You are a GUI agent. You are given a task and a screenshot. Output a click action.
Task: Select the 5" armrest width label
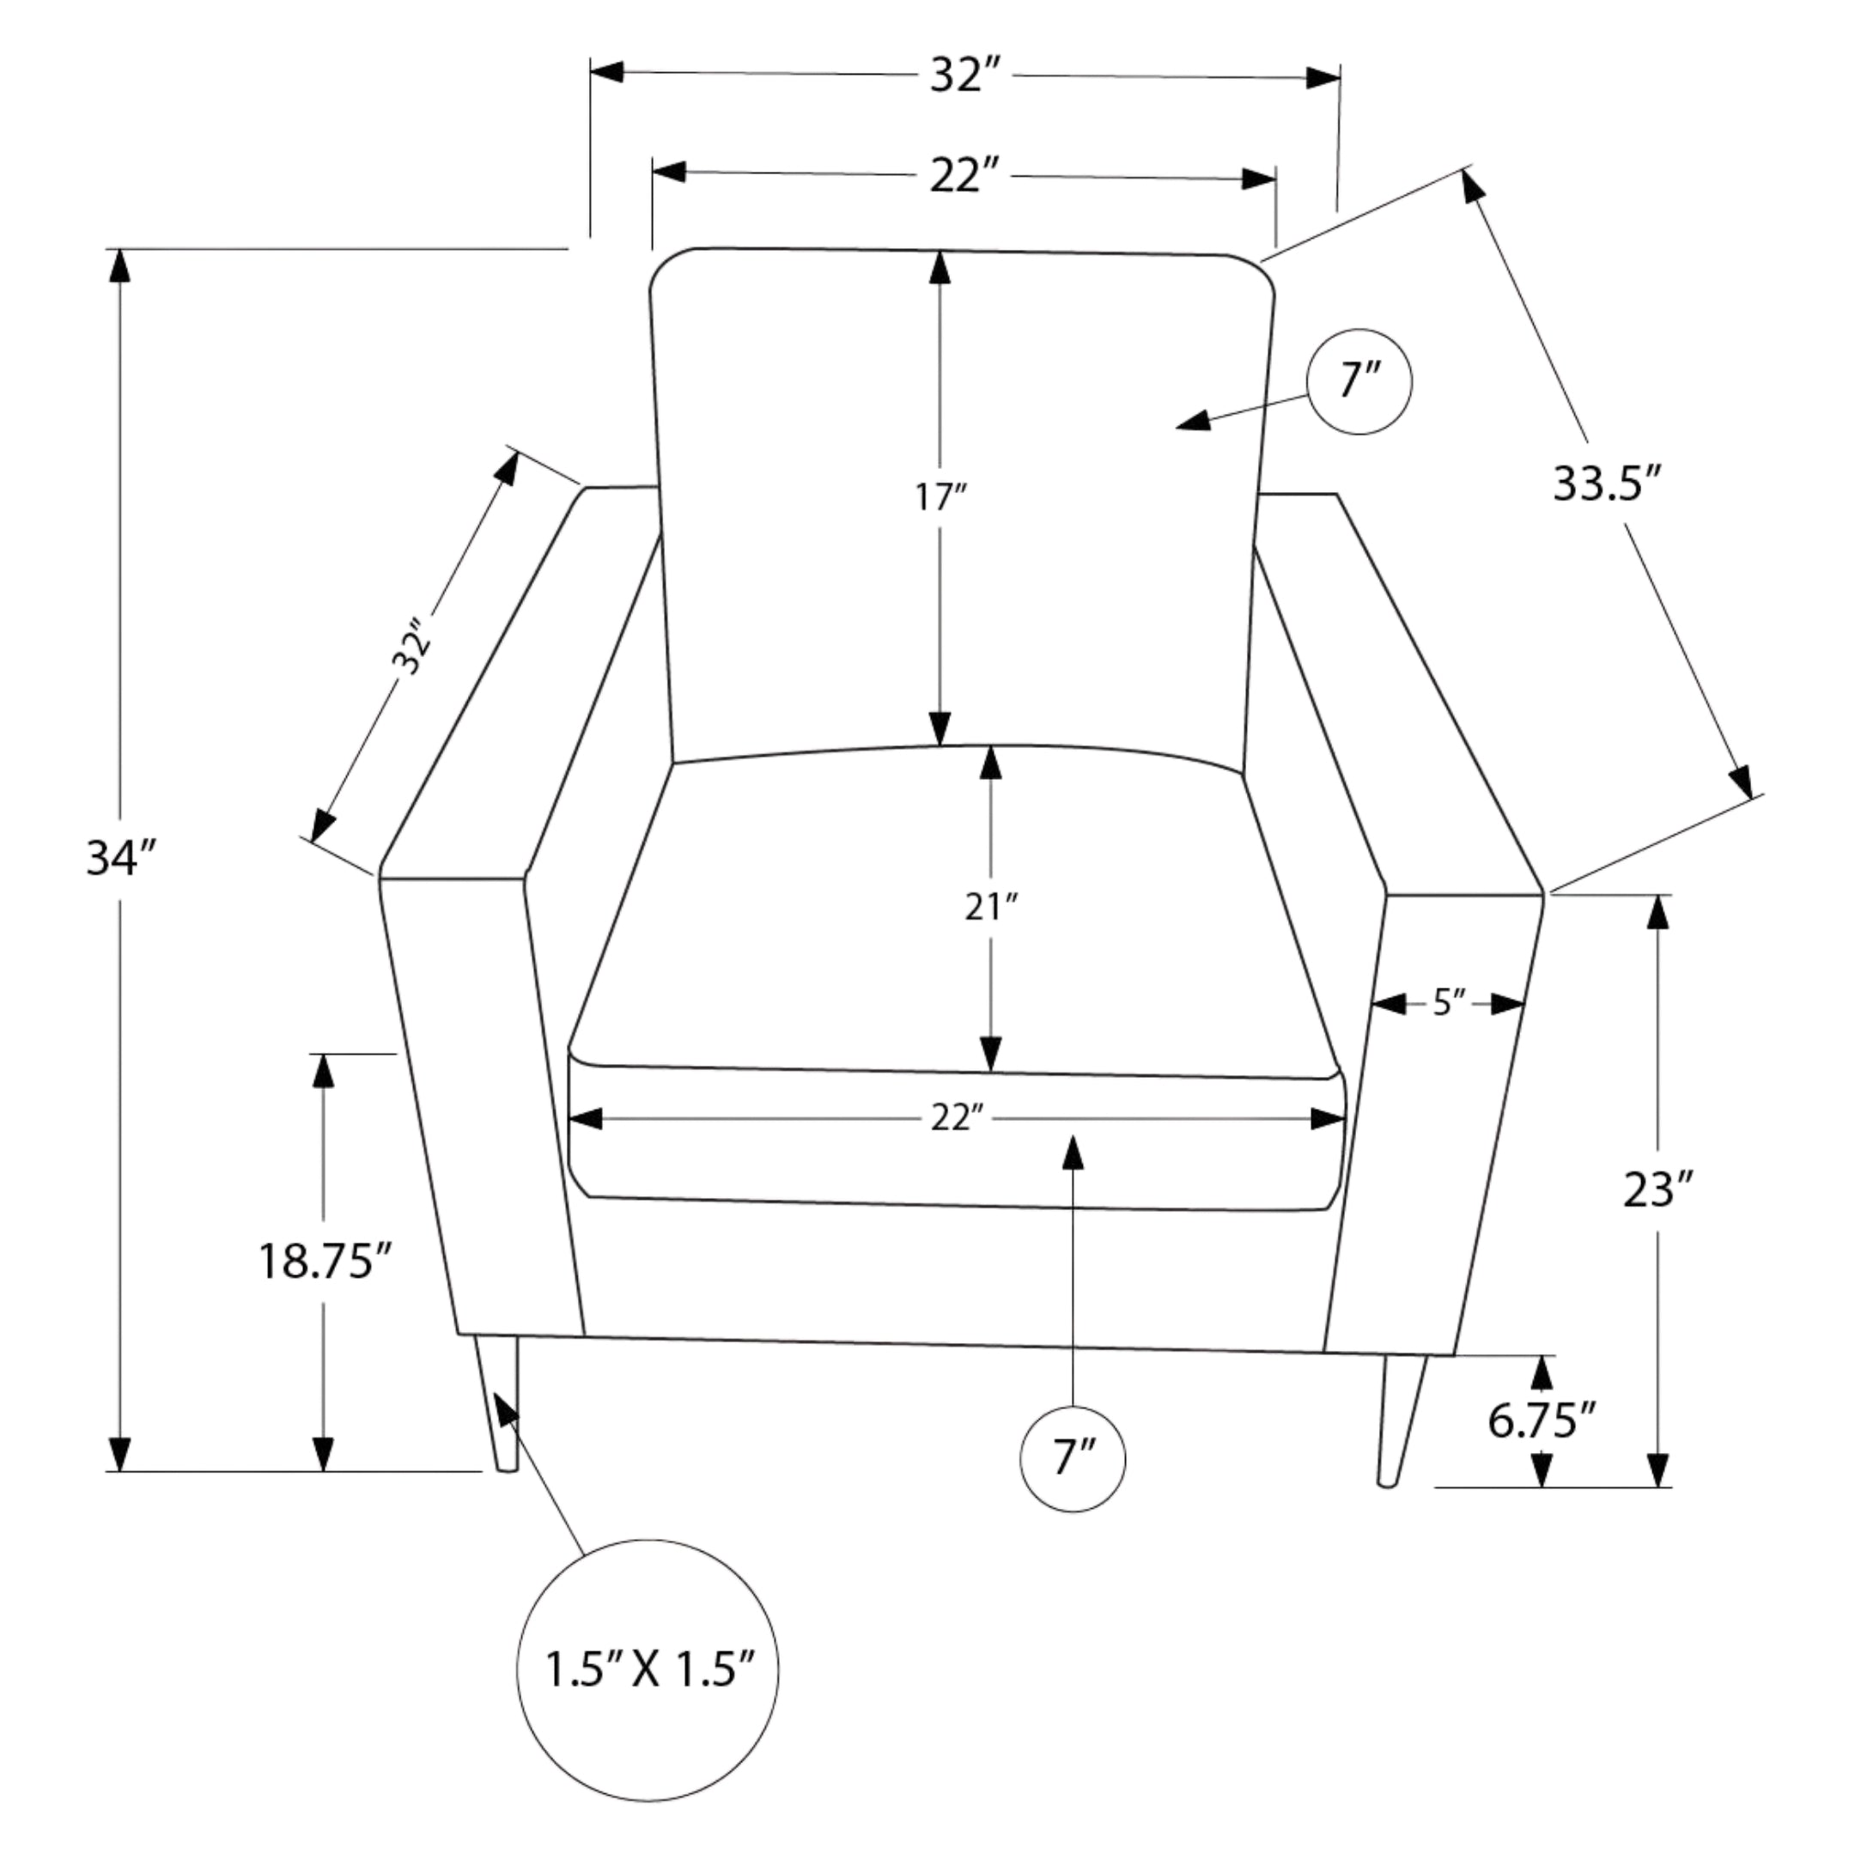coord(1450,1003)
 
